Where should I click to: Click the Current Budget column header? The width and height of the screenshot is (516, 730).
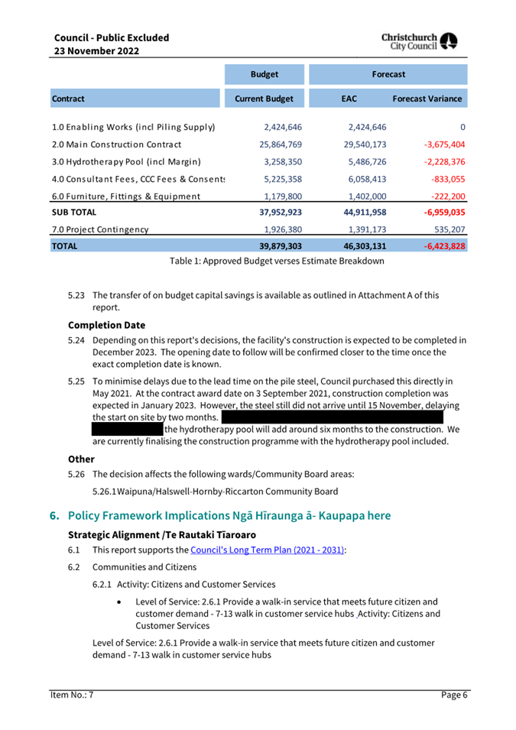pos(264,99)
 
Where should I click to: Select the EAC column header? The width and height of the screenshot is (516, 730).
pos(349,99)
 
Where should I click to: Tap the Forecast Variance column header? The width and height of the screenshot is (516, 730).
pos(427,99)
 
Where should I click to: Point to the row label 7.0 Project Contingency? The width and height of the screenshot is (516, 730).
pos(100,229)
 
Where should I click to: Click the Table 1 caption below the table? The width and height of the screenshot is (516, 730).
pos(277,261)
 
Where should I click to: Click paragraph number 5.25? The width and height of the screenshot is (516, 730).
pos(76,380)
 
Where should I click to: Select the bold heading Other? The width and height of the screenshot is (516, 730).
pos(81,459)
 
